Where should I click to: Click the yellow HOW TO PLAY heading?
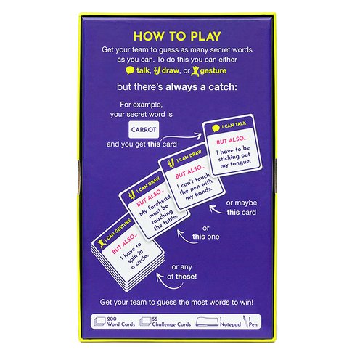[177, 36]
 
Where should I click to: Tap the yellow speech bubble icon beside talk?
[130, 70]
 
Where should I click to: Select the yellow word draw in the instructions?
[171, 70]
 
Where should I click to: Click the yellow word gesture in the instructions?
[213, 71]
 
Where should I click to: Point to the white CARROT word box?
[144, 130]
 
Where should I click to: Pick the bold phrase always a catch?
[201, 87]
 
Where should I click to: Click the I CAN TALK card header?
[229, 126]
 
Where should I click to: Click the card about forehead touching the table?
[154, 205]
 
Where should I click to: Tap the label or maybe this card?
[242, 208]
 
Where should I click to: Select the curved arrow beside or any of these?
[168, 282]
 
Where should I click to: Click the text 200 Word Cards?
[121, 322]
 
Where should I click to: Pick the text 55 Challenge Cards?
[171, 322]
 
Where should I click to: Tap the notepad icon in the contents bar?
[207, 322]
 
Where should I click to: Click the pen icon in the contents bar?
[245, 322]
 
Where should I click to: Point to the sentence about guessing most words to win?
[176, 303]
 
